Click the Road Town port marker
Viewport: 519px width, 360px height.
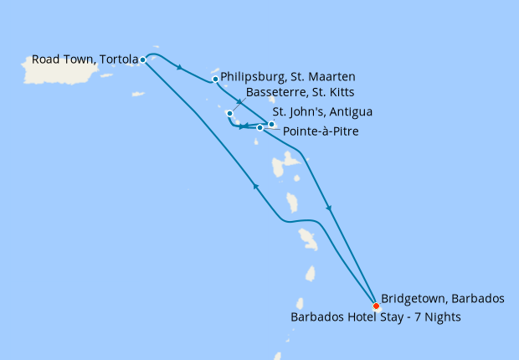tap(143, 59)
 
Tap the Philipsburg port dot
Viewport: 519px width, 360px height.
tap(216, 80)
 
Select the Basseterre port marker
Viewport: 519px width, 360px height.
tap(229, 113)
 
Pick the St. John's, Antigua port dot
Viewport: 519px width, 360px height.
tap(271, 124)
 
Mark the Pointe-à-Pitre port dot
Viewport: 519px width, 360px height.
tap(260, 128)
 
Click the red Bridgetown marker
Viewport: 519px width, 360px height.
tap(375, 306)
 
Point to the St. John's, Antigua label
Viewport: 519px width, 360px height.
tap(322, 111)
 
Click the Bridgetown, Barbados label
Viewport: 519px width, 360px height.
tap(443, 298)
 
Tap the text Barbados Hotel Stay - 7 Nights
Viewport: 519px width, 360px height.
tap(375, 318)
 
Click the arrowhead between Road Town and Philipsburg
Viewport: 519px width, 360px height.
tap(180, 68)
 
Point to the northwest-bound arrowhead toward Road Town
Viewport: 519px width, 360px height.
tap(254, 187)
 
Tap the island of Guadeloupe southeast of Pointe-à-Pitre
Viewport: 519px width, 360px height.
tap(291, 159)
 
